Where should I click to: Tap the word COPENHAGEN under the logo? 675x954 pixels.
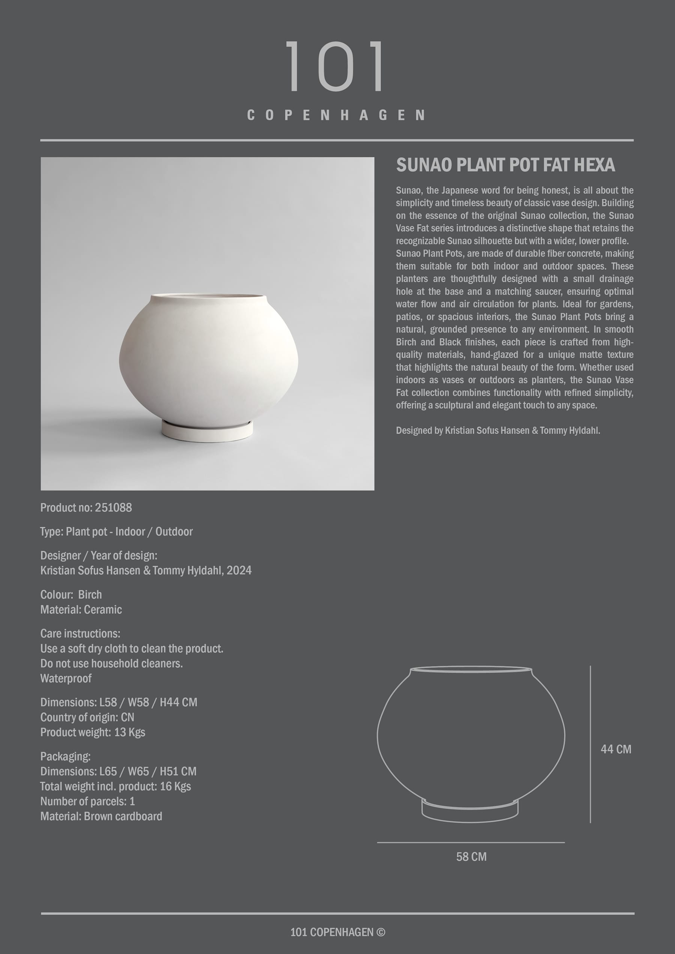pyautogui.click(x=336, y=115)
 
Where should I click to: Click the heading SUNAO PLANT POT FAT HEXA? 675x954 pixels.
pyautogui.click(x=505, y=165)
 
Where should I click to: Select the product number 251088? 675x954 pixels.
pyautogui.click(x=113, y=507)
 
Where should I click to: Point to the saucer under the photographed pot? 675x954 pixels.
pyautogui.click(x=207, y=431)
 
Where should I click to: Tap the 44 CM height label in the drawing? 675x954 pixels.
pyautogui.click(x=615, y=749)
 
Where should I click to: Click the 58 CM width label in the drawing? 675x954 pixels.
pyautogui.click(x=471, y=856)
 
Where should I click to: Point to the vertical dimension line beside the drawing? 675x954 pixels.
pyautogui.click(x=590, y=744)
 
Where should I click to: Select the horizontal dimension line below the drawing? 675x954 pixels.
pyautogui.click(x=470, y=842)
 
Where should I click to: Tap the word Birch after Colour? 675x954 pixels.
pyautogui.click(x=90, y=595)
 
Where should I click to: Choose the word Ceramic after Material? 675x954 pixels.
pyautogui.click(x=103, y=610)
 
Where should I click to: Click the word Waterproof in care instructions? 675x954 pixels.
pyautogui.click(x=66, y=678)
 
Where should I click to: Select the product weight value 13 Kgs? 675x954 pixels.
pyautogui.click(x=129, y=732)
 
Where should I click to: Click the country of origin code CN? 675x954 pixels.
pyautogui.click(x=127, y=717)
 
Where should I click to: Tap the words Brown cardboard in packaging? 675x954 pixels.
pyautogui.click(x=123, y=816)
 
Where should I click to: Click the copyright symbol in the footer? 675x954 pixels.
pyautogui.click(x=381, y=932)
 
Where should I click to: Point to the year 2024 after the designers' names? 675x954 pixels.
pyautogui.click(x=239, y=570)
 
